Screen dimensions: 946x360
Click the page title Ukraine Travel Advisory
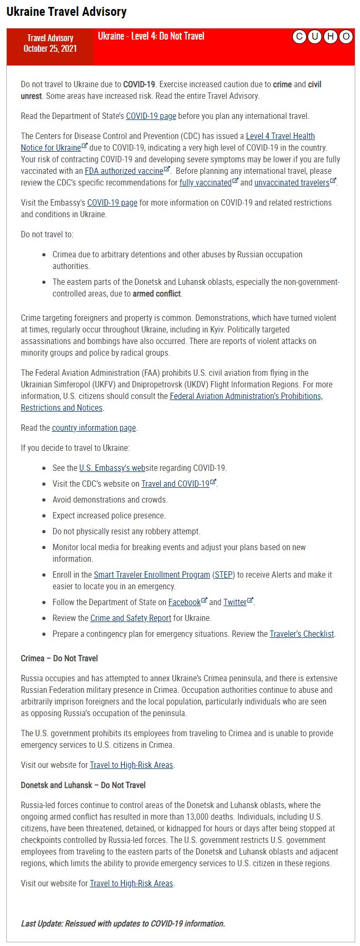click(x=67, y=12)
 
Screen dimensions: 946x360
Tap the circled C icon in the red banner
click(x=299, y=36)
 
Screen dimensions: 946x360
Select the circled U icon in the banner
click(x=315, y=36)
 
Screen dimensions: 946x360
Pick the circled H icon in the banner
click(x=330, y=36)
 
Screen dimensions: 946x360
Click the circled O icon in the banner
click(x=346, y=36)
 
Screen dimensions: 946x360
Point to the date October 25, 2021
click(x=50, y=49)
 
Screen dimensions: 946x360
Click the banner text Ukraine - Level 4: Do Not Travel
click(x=151, y=36)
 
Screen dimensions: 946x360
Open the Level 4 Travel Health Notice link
click(x=280, y=136)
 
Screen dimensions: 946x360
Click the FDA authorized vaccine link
click(x=124, y=171)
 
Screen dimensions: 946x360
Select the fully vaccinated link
click(x=206, y=183)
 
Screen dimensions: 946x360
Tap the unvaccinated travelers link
click(x=292, y=183)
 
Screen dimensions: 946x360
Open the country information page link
click(x=94, y=428)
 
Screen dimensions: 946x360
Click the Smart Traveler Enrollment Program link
click(x=152, y=575)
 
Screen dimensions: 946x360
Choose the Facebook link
click(x=184, y=602)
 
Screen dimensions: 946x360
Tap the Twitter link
click(x=235, y=602)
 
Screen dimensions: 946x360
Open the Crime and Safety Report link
click(x=131, y=618)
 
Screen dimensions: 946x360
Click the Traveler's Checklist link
click(x=302, y=634)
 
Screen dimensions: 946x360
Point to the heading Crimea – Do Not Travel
click(x=59, y=659)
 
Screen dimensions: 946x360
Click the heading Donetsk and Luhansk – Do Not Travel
click(x=83, y=785)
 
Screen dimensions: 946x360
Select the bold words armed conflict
click(x=156, y=294)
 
